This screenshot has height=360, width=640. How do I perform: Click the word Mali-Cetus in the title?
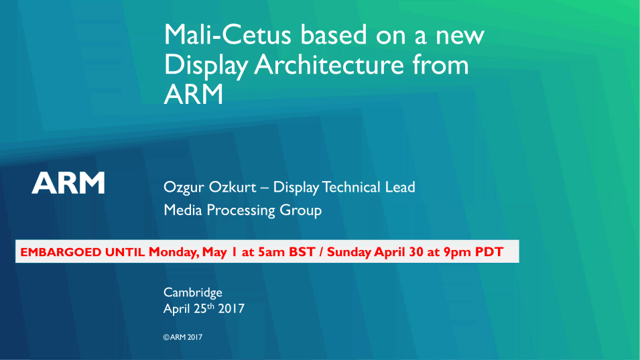(x=228, y=34)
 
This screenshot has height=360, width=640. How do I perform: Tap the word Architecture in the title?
(x=329, y=64)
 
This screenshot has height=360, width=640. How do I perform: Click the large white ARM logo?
(x=68, y=182)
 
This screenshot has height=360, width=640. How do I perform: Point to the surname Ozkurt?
(x=233, y=187)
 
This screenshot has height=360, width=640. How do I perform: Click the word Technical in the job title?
(x=351, y=187)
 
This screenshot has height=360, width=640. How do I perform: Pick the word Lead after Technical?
(x=400, y=187)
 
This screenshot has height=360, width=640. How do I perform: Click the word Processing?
(x=241, y=211)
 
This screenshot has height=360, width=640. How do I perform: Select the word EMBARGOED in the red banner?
(x=60, y=252)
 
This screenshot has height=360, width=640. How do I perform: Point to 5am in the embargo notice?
(x=271, y=252)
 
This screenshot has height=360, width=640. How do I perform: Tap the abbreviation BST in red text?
(x=302, y=252)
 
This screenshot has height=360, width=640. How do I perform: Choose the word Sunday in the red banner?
(x=349, y=252)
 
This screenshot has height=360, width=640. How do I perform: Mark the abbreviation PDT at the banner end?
(x=489, y=252)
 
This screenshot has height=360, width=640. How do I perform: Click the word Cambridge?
(x=193, y=293)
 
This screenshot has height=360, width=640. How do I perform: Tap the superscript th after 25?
(x=210, y=306)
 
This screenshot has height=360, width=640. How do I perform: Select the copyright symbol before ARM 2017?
(x=166, y=337)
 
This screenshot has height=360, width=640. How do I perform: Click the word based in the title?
(x=334, y=34)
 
